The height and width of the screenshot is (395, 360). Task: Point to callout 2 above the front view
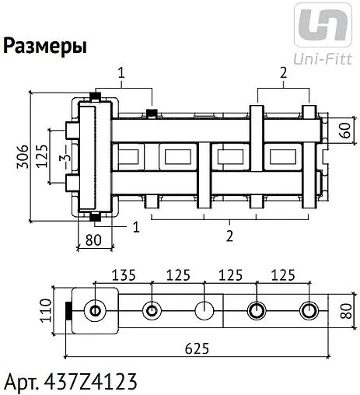tap(284, 73)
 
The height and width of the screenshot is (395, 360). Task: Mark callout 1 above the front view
tap(121, 73)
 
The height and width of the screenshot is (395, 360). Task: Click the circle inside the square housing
tap(94, 312)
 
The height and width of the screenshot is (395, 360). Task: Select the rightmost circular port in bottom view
tap(309, 312)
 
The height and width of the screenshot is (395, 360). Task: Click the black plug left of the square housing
tap(68, 312)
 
